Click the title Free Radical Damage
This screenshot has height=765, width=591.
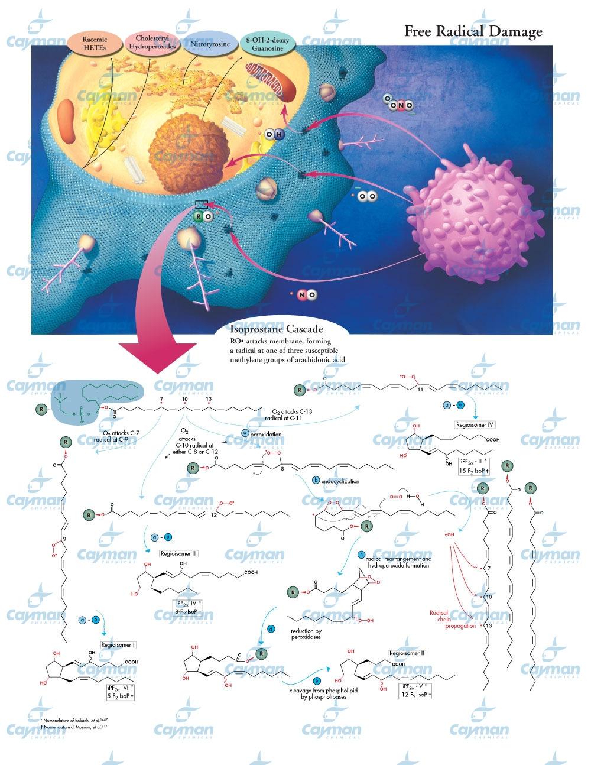pos(473,31)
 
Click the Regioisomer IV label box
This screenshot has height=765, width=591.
pos(475,424)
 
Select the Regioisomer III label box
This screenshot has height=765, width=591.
pos(179,554)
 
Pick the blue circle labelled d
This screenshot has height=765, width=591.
pos(271,630)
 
